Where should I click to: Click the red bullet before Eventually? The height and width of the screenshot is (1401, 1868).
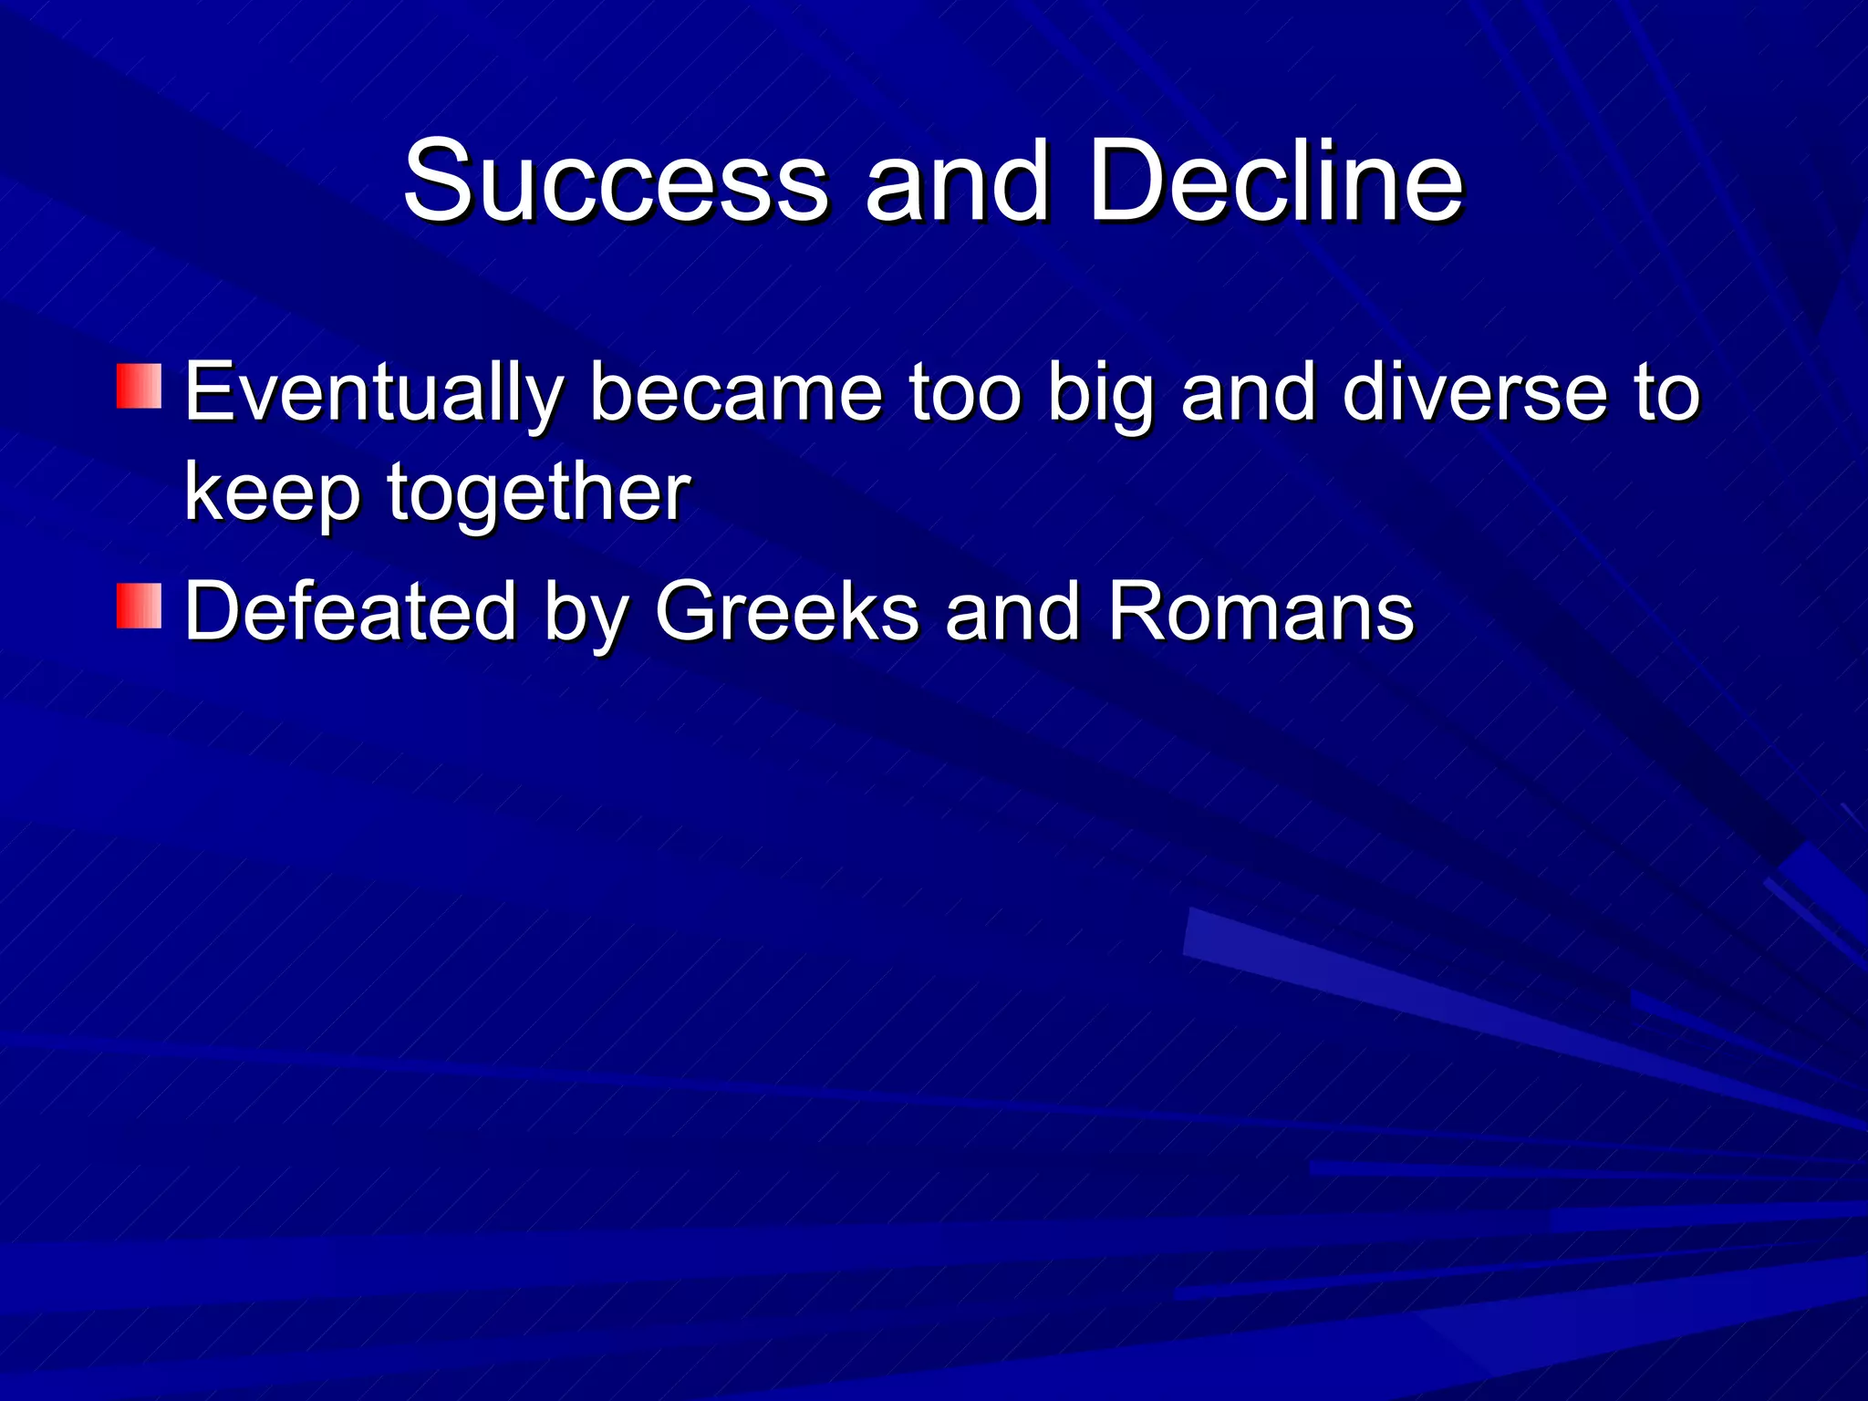point(139,386)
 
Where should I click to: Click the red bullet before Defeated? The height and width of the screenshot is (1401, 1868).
point(139,607)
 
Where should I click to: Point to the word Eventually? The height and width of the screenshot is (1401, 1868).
point(373,394)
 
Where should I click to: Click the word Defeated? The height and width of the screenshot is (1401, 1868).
point(350,611)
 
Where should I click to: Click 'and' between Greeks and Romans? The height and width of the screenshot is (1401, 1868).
point(1012,611)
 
